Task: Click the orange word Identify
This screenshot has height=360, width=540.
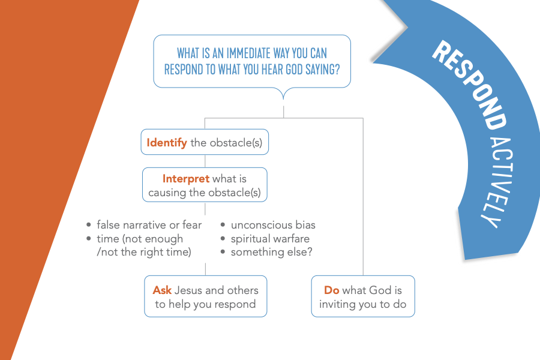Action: pyautogui.click(x=167, y=143)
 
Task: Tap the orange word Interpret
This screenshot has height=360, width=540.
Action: pyautogui.click(x=186, y=178)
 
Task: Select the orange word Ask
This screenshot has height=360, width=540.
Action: pyautogui.click(x=162, y=290)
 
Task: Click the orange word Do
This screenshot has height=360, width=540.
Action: pyautogui.click(x=332, y=290)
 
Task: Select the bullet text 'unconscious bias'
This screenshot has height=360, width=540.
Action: pyautogui.click(x=273, y=225)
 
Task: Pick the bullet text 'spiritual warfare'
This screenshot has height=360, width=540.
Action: pyautogui.click(x=270, y=239)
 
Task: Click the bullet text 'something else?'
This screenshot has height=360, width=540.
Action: pyautogui.click(x=271, y=252)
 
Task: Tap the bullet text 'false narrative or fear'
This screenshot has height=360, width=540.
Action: pyautogui.click(x=149, y=225)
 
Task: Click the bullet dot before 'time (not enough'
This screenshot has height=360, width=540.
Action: pyautogui.click(x=89, y=238)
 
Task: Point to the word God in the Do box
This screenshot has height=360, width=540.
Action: pyautogui.click(x=380, y=290)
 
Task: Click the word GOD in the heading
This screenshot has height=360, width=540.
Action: pyautogui.click(x=294, y=69)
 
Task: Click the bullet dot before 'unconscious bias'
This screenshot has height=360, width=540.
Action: pyautogui.click(x=223, y=225)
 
